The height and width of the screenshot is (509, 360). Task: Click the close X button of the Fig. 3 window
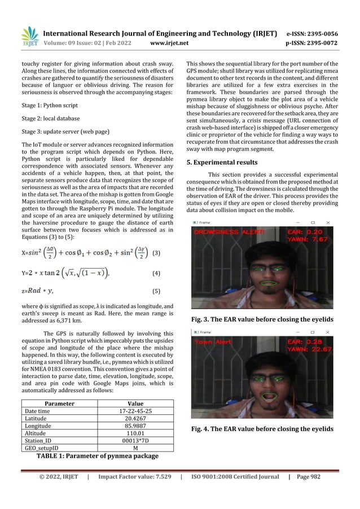coord(328,223)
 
